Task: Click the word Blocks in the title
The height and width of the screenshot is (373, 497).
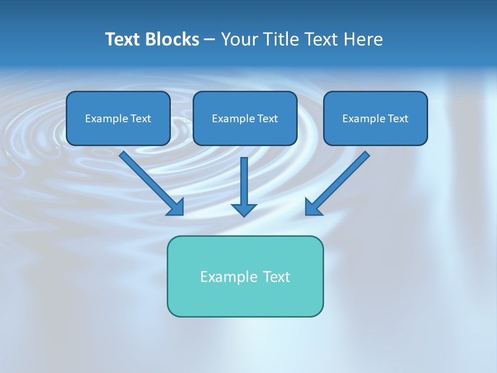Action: pos(173,39)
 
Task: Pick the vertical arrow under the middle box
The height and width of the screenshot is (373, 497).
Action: pos(244,181)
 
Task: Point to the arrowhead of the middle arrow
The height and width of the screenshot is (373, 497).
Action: pos(244,210)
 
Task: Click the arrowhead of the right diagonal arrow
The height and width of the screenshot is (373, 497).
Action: pos(313,207)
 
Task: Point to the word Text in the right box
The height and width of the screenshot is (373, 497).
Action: pos(398,119)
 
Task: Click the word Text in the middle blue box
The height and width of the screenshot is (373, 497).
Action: pos(267,119)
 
